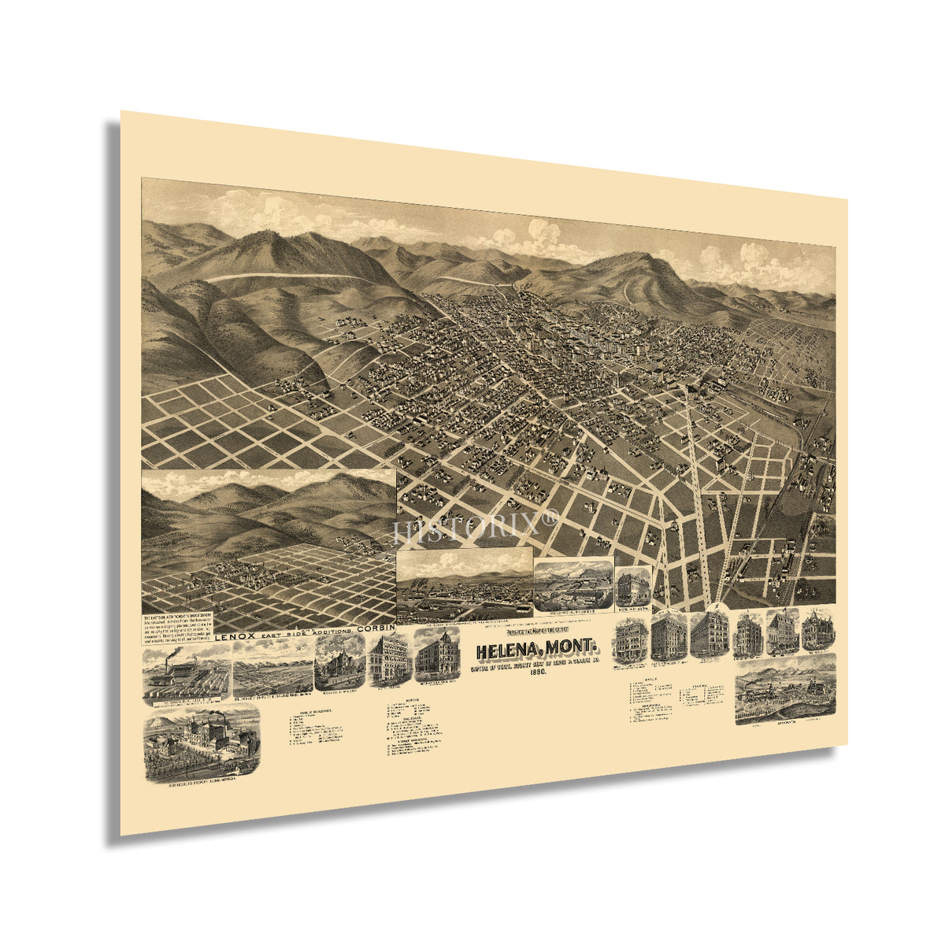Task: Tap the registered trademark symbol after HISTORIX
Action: coord(550,517)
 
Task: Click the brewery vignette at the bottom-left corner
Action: coord(202,735)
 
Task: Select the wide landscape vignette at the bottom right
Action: coord(784,688)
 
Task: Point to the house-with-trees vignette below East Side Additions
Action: coord(339,663)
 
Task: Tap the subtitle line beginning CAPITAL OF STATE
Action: coord(538,663)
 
